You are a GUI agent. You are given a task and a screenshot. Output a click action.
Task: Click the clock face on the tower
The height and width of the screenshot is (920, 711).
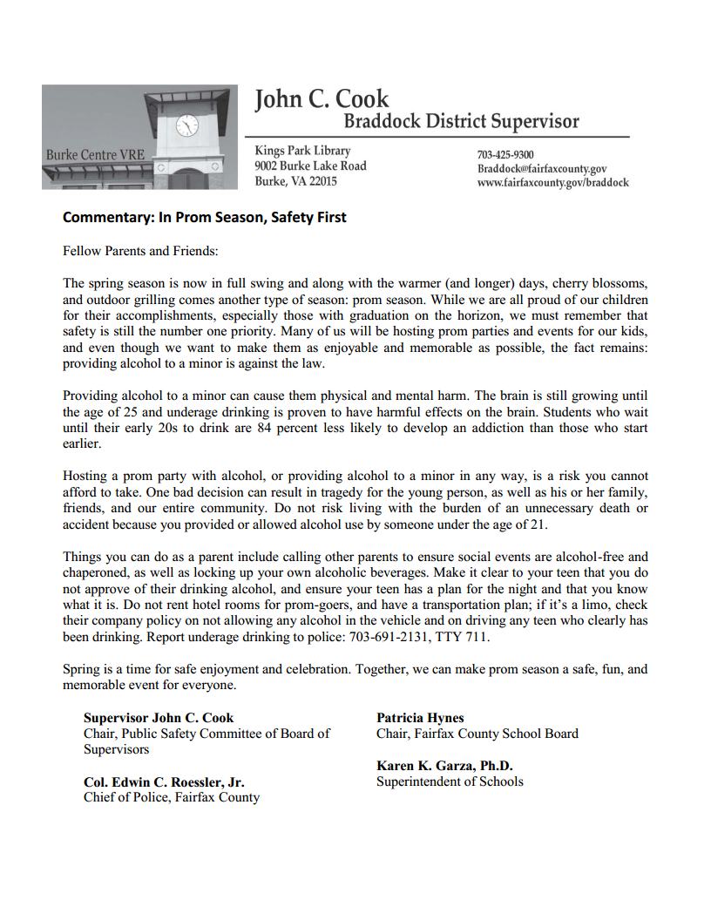coord(186,125)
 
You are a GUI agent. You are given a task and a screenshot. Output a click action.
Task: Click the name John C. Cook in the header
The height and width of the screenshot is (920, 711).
coord(322,99)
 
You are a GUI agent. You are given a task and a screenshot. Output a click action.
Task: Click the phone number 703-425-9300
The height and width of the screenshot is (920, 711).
coord(505,155)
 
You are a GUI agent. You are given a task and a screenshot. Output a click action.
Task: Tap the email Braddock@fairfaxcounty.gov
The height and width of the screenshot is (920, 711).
coord(541,169)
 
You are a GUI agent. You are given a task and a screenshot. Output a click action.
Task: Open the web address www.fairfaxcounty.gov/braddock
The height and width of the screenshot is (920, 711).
coord(552,183)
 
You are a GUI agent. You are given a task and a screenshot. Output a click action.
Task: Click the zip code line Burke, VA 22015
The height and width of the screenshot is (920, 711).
coord(295,181)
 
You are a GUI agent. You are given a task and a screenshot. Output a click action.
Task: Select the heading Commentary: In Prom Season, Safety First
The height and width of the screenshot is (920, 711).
coord(204,217)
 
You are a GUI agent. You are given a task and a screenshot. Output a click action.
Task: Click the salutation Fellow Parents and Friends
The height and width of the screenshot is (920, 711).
coord(139,251)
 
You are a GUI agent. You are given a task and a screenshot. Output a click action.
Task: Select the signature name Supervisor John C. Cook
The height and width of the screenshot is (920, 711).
coord(159,718)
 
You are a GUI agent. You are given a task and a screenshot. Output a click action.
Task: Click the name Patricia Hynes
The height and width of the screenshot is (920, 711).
coord(420,718)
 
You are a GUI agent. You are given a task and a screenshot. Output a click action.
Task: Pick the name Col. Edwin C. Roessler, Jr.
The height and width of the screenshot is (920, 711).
coord(164,781)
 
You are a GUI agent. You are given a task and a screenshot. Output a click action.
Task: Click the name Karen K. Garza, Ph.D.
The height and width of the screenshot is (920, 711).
coord(444,766)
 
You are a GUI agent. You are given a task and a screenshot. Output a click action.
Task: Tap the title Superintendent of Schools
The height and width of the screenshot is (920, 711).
coord(450,781)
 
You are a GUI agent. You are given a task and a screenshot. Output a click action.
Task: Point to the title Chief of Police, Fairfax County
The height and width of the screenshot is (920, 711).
coord(172,796)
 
